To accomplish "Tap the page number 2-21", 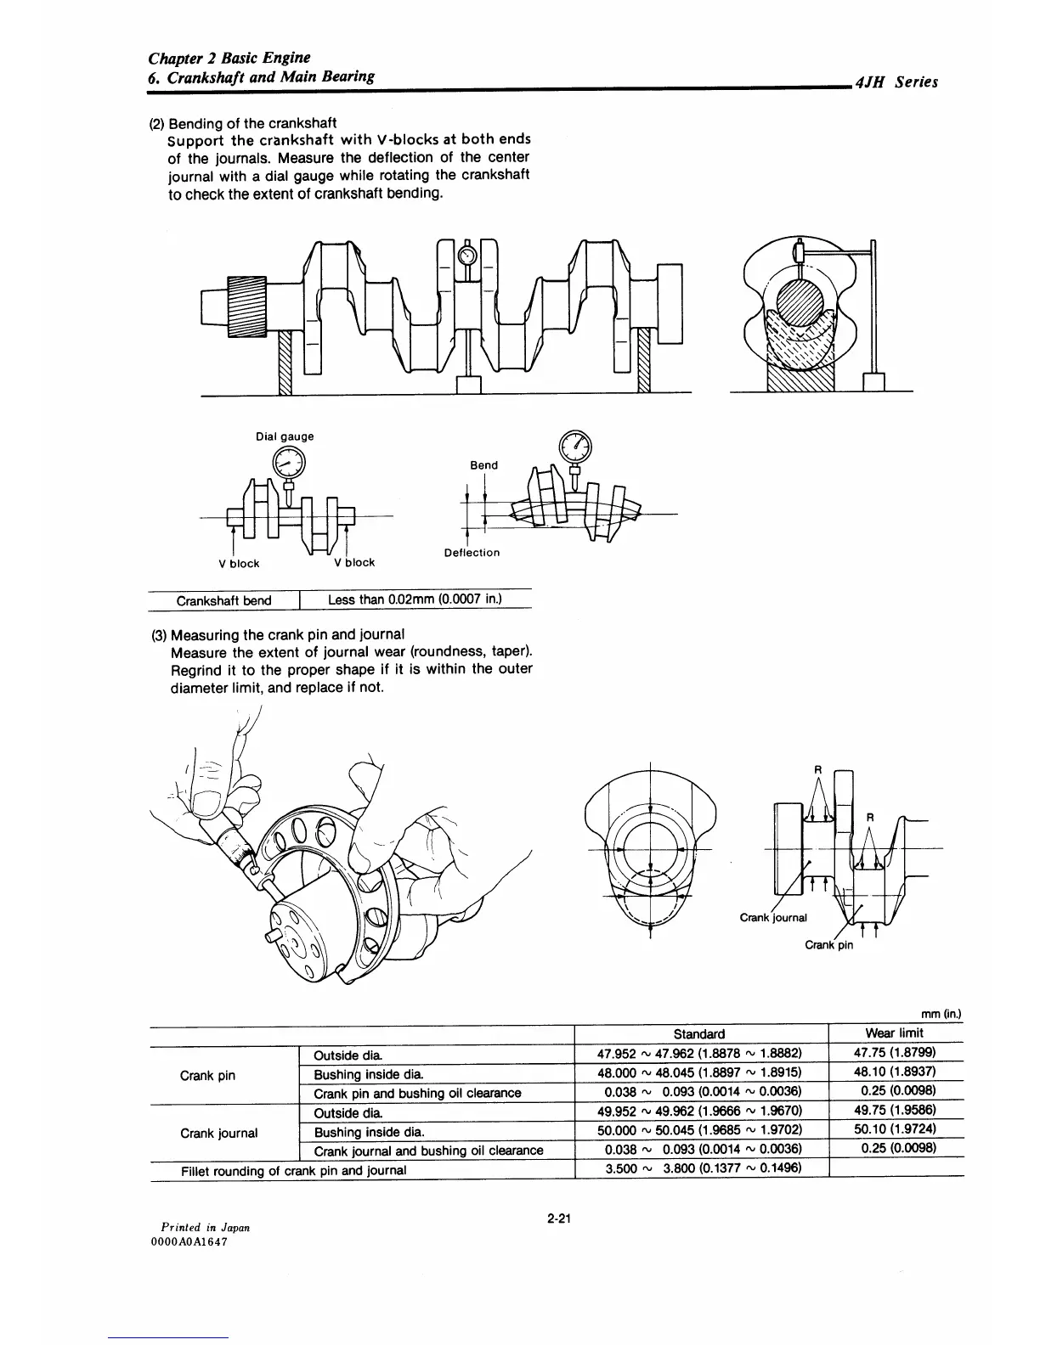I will (x=558, y=1219).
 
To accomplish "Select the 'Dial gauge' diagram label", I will (x=285, y=436).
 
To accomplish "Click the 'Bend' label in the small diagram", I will (x=483, y=465).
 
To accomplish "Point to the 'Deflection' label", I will (x=472, y=553).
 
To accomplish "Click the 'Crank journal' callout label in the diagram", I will (x=773, y=917).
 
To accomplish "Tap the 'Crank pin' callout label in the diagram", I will (x=828, y=945).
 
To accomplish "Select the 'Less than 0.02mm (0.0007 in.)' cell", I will (x=415, y=599).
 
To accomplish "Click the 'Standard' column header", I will (x=698, y=1033).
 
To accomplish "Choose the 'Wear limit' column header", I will (x=894, y=1033).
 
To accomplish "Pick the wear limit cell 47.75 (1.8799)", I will (x=894, y=1054).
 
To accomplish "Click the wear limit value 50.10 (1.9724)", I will (x=894, y=1131).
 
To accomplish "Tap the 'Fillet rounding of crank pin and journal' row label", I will (x=294, y=1170).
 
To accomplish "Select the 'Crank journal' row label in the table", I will (x=219, y=1133).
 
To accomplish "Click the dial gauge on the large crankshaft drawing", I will (x=467, y=255).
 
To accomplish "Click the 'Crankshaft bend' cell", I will (x=223, y=601).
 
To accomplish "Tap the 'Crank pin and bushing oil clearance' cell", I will (x=417, y=1093).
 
